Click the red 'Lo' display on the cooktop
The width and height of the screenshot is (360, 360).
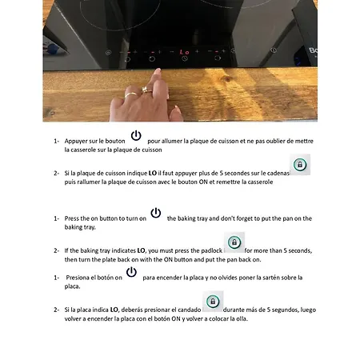pos(184,52)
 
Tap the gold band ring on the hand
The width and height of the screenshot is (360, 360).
pos(130,94)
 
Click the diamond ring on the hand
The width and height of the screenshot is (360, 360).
pos(146,90)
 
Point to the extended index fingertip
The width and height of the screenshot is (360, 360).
pos(158,71)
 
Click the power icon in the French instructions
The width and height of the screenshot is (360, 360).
pos(136,135)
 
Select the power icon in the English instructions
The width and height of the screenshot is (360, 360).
pos(156,213)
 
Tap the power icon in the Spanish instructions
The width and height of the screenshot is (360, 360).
pos(131,272)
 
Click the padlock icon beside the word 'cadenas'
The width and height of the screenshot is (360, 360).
pos(300,165)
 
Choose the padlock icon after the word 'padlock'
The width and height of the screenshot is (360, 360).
pos(234,242)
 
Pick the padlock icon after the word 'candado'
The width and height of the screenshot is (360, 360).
pos(213,302)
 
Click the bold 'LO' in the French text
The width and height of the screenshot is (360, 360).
pos(153,174)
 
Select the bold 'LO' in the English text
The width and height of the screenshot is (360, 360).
pos(141,250)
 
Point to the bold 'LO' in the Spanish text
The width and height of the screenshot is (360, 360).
pos(114,310)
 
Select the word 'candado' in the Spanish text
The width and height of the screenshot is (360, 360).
pos(190,310)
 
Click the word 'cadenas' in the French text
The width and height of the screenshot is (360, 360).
pos(278,174)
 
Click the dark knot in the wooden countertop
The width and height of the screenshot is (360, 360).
pos(226,78)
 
